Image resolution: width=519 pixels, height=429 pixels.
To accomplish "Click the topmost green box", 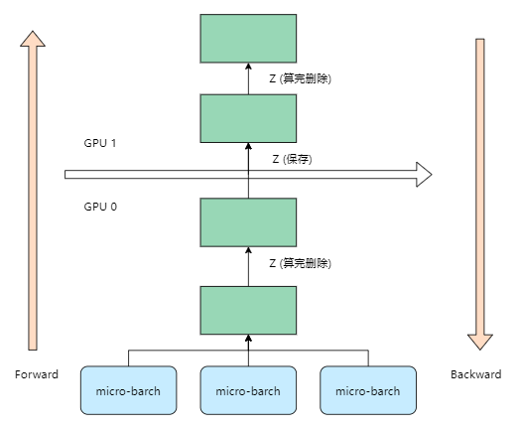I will pyautogui.click(x=248, y=38).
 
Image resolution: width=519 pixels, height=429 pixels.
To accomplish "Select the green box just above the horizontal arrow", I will pyautogui.click(x=248, y=118).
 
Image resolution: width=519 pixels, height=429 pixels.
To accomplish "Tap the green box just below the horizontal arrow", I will pyautogui.click(x=248, y=222).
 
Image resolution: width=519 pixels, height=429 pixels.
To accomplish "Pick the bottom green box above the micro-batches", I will pyautogui.click(x=248, y=310).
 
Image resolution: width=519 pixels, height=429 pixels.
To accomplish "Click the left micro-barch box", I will pyautogui.click(x=128, y=390).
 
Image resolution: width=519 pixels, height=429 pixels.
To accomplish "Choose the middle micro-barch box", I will pyautogui.click(x=248, y=390).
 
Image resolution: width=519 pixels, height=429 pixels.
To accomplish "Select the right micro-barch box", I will pyautogui.click(x=368, y=390).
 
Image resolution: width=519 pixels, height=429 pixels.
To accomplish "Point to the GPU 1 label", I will pyautogui.click(x=101, y=142).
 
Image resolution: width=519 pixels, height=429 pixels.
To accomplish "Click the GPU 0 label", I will pyautogui.click(x=101, y=208).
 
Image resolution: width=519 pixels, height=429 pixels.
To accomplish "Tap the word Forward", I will pyautogui.click(x=37, y=374).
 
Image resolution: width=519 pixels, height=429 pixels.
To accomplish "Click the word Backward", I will pyautogui.click(x=475, y=374).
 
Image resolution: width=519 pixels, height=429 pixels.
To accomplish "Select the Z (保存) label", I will pyautogui.click(x=292, y=159).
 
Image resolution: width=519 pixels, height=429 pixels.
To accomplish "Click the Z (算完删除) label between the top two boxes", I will pyautogui.click(x=300, y=78).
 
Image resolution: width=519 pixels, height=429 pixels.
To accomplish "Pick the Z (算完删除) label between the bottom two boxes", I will pyautogui.click(x=300, y=264).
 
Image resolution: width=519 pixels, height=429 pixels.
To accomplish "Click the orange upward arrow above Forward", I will pyautogui.click(x=33, y=189).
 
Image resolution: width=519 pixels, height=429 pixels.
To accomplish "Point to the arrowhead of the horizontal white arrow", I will pyautogui.click(x=424, y=175).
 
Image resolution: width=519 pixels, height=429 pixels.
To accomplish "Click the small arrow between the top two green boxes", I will pyautogui.click(x=248, y=78).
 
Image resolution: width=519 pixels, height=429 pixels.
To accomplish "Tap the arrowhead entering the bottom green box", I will pyautogui.click(x=248, y=340).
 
